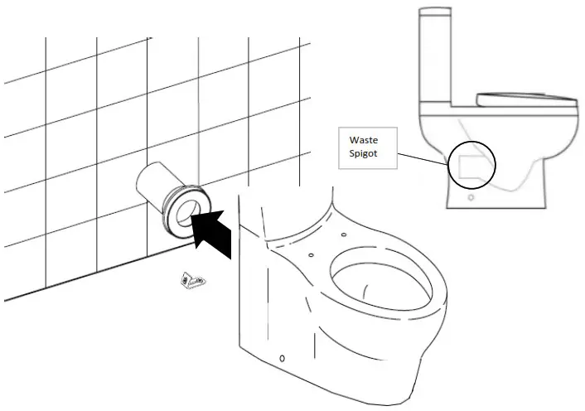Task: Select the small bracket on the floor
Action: point(194,282)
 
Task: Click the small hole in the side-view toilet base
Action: point(471,199)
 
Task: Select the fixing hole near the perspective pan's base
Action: point(282,358)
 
